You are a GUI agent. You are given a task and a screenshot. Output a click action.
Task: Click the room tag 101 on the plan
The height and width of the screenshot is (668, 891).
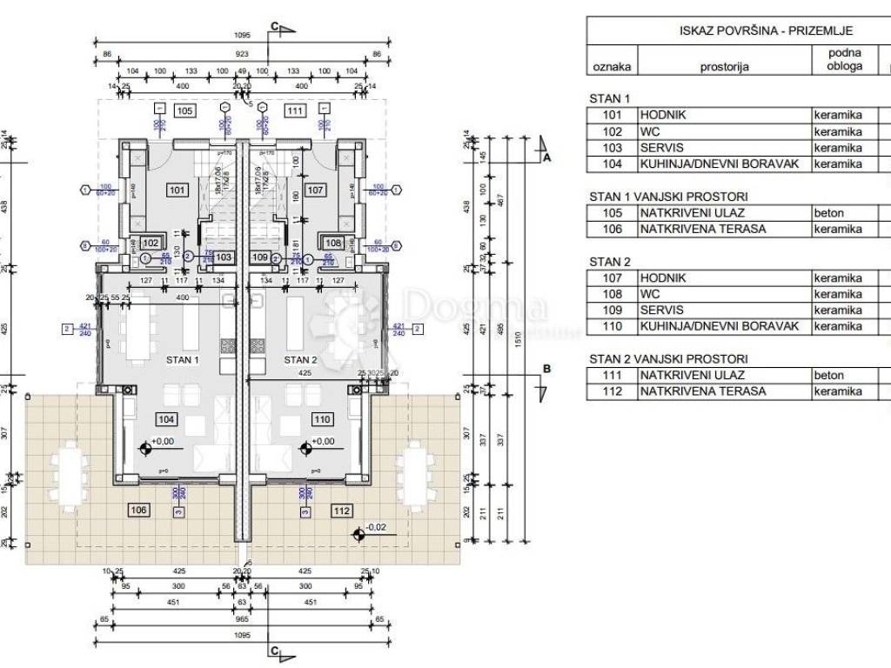[177, 190]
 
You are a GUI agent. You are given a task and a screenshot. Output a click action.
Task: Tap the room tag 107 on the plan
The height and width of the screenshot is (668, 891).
[316, 190]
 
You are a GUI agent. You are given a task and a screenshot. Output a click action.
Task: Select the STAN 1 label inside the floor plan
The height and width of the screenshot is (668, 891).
[182, 359]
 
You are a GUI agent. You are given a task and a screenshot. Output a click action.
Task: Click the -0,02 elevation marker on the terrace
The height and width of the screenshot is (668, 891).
[375, 527]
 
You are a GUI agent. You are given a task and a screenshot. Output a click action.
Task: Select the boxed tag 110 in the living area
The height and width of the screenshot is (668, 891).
[321, 419]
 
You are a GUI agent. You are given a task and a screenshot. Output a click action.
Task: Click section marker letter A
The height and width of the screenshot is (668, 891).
[546, 158]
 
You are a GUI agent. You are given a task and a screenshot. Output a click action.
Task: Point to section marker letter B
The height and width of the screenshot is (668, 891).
[546, 369]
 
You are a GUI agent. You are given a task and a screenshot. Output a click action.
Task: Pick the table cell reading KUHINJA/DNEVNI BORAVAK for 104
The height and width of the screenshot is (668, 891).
[724, 164]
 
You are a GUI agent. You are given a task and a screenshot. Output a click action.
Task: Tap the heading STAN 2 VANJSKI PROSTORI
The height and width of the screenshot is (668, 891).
[668, 358]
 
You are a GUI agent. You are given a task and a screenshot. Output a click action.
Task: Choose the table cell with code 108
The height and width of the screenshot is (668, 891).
[613, 294]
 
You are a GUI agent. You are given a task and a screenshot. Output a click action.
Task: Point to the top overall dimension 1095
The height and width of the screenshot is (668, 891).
[242, 36]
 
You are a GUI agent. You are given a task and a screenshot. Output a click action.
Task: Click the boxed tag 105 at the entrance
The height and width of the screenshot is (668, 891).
[184, 110]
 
